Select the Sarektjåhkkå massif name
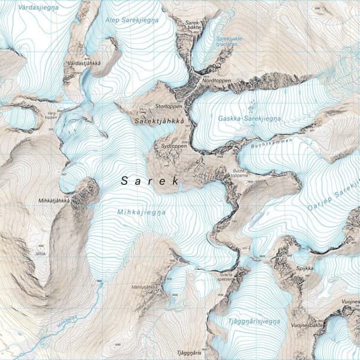[158, 122]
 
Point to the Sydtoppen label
[174, 146]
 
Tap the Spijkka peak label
[304, 268]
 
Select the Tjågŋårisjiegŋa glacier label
[254, 322]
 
